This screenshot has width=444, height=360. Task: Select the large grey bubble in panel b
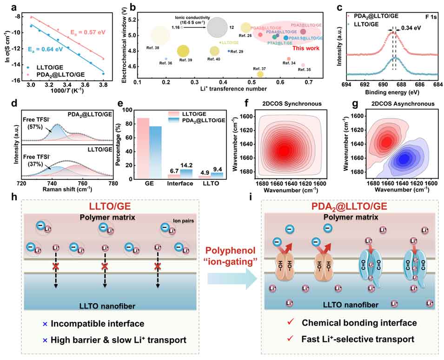[x=217, y=27]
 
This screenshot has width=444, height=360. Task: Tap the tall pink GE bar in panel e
[x=143, y=148]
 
